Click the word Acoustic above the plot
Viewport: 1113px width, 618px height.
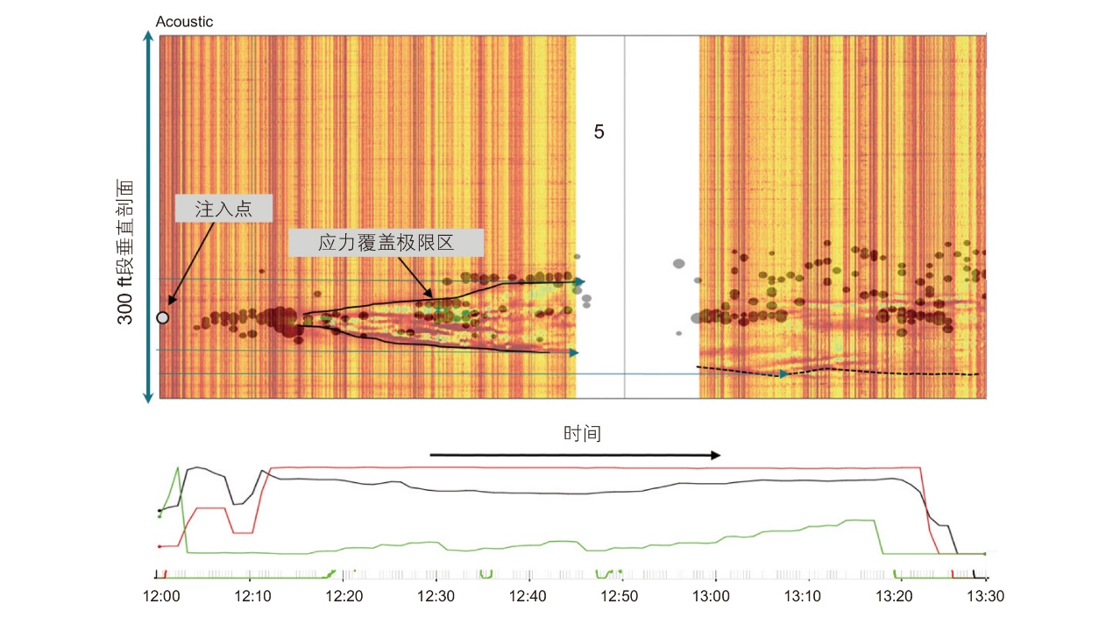click(184, 22)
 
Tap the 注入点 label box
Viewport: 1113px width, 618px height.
click(223, 209)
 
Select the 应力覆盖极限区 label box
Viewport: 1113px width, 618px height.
click(386, 243)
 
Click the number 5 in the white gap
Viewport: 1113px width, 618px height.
click(599, 131)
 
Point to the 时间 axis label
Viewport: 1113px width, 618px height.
click(582, 434)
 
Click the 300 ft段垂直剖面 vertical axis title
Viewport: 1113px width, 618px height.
click(124, 252)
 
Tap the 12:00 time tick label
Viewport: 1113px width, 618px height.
click(161, 596)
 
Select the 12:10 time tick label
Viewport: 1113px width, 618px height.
click(253, 596)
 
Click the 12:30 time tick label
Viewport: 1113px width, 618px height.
click(436, 596)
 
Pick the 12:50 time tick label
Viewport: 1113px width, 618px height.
click(619, 596)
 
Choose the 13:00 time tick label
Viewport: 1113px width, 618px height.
click(711, 596)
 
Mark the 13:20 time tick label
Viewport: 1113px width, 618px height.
click(894, 596)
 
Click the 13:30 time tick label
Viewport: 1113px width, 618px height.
click(985, 596)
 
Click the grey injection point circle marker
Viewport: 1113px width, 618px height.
click(162, 317)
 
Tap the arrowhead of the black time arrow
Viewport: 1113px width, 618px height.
click(715, 455)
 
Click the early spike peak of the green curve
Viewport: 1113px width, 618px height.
click(178, 468)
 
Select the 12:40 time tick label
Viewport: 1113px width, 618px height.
click(528, 596)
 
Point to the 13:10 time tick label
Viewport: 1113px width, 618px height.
click(803, 596)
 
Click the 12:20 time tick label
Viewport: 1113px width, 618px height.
click(344, 596)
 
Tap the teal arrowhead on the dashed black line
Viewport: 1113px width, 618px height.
click(784, 374)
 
